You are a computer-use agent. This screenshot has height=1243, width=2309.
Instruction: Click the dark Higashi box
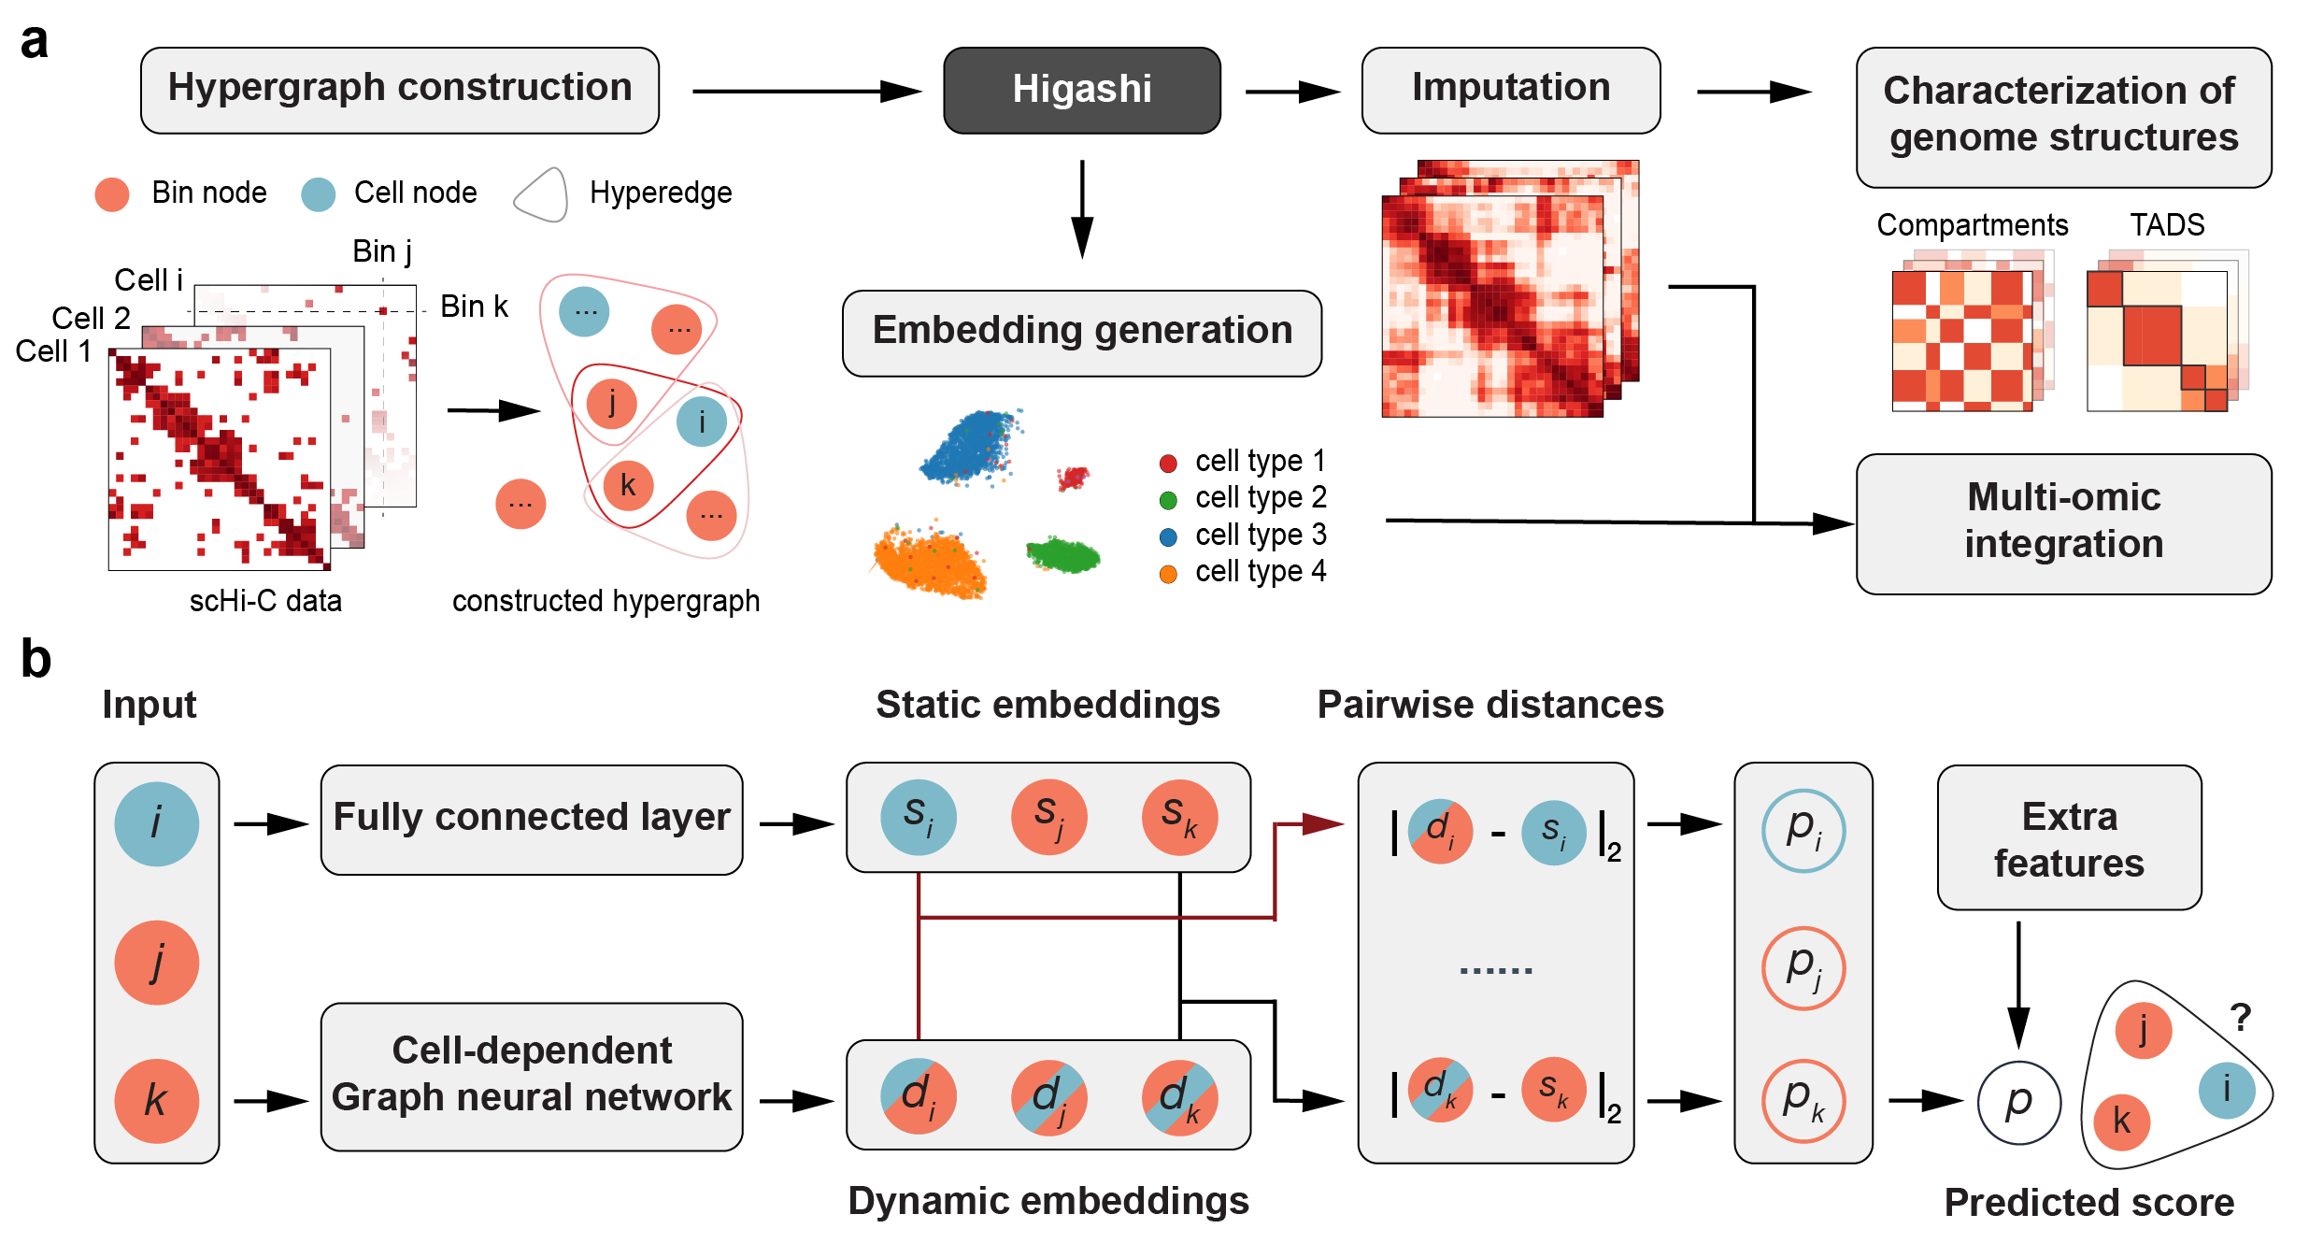tap(1081, 90)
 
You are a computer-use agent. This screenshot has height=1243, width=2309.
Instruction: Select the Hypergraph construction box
tap(400, 90)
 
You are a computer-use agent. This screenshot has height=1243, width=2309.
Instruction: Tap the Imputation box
tap(1510, 90)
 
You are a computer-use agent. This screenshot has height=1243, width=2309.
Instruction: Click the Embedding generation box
tap(1081, 333)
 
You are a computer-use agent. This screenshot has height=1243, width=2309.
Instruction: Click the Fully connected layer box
tap(531, 819)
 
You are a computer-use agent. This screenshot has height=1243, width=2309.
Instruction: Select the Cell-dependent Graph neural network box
tap(531, 1075)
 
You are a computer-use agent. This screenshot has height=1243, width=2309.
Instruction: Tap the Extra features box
tap(2069, 838)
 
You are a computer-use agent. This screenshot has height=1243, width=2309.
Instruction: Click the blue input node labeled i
tap(156, 823)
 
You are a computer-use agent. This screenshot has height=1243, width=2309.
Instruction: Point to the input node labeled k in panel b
tap(156, 1101)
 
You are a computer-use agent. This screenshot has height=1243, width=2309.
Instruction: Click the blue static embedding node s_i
tap(918, 817)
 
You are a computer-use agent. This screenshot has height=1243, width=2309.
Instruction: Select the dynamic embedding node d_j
tap(1048, 1096)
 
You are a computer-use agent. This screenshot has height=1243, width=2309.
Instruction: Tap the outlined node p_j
tap(1803, 967)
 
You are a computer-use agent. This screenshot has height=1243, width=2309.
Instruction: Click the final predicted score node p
tap(2018, 1102)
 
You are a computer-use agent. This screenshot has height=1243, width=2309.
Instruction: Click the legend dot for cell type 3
tap(1168, 536)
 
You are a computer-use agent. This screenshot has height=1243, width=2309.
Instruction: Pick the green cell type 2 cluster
tap(1062, 555)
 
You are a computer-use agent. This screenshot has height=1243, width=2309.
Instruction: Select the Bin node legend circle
tap(112, 193)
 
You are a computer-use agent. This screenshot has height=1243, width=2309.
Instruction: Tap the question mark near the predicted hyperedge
tap(2240, 1017)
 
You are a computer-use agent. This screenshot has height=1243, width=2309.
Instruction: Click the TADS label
tap(2167, 224)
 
